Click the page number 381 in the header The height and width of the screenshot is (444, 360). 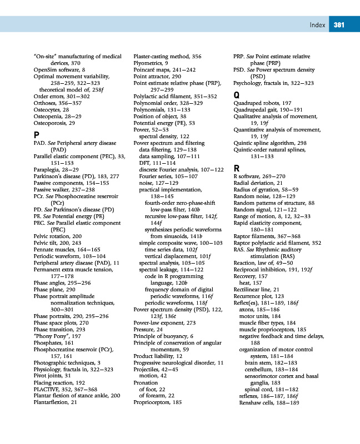[x=339, y=24]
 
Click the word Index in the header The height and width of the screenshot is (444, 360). [x=318, y=24]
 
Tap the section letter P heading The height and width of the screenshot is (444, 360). [x=36, y=135]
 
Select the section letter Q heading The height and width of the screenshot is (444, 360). [x=237, y=95]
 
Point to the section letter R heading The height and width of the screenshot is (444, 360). [x=236, y=168]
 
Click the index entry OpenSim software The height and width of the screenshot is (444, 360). [x=59, y=71]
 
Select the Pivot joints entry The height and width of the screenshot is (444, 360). [x=52, y=376]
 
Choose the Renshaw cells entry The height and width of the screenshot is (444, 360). [x=266, y=402]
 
